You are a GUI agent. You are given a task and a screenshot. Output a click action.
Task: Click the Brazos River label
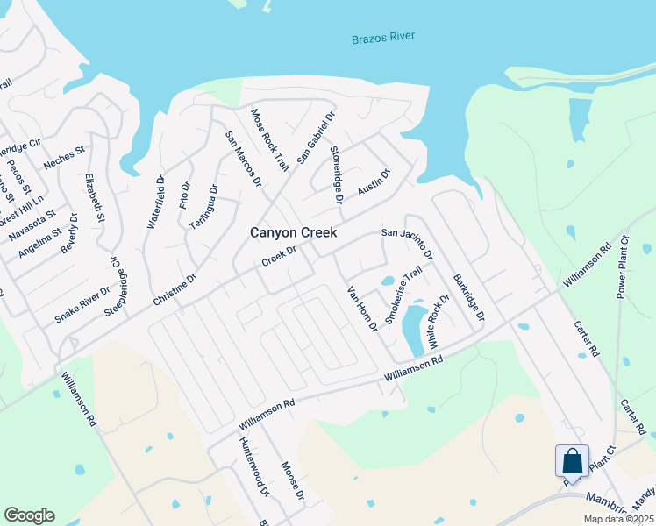[x=382, y=38]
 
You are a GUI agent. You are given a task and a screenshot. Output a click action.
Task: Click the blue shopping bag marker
[x=572, y=460]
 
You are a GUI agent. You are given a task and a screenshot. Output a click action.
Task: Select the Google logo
[x=29, y=515]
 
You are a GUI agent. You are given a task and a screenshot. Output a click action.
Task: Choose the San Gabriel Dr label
[x=316, y=136]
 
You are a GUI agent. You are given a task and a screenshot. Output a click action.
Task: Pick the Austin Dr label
[x=374, y=183]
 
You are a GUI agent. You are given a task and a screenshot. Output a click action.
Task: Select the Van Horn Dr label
[x=361, y=309]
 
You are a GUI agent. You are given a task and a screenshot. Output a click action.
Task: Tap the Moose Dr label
[x=293, y=481]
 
